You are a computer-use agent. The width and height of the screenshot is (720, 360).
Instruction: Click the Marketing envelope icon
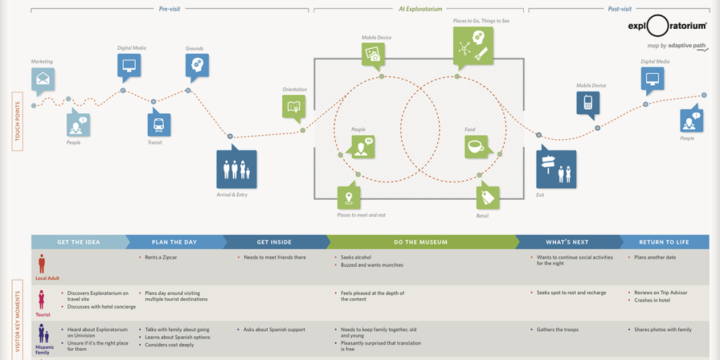(42, 79)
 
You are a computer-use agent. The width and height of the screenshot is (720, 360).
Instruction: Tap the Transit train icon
(159, 124)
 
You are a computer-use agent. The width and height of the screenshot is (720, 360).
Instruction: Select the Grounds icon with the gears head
(197, 65)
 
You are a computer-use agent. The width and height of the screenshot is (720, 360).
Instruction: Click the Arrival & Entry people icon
(236, 169)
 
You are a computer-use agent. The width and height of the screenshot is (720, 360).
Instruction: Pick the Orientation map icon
(294, 107)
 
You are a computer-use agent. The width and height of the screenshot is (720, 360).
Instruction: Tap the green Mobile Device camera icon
(373, 54)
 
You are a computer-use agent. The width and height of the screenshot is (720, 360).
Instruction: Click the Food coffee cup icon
(475, 146)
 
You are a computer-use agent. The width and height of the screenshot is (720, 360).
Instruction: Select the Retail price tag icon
(487, 198)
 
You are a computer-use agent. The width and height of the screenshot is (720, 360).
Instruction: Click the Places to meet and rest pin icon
(348, 196)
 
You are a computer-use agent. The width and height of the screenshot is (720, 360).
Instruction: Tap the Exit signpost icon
(555, 169)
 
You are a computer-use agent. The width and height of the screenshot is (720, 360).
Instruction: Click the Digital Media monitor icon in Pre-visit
(129, 65)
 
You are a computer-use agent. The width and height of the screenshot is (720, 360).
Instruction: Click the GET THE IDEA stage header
(79, 242)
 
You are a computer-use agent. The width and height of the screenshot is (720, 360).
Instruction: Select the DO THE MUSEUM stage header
(420, 242)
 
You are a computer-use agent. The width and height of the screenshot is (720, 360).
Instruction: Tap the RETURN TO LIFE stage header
(664, 242)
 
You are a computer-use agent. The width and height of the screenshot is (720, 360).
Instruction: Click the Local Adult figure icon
(42, 264)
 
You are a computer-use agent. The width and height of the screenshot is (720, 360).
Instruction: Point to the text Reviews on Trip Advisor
(660, 292)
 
